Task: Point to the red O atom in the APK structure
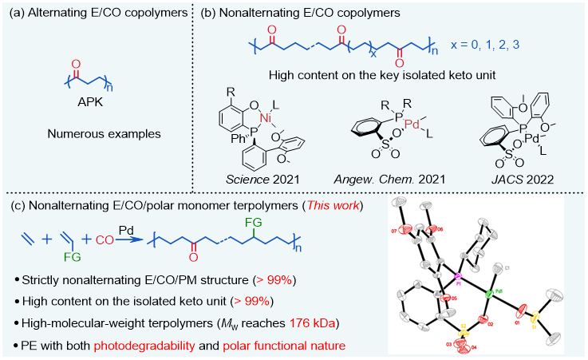[x=77, y=61]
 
